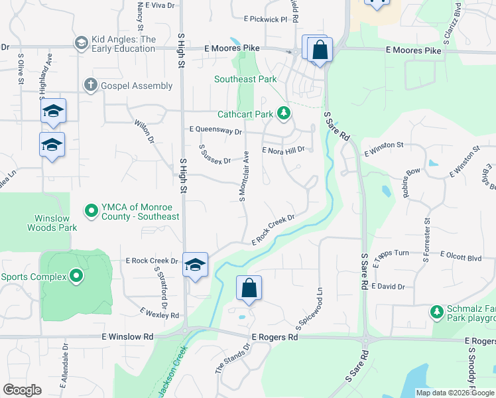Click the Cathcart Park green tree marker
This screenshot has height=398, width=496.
pos(284,114)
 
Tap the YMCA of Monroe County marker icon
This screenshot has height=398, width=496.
pos(92,211)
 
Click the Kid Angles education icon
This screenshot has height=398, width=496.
pos(82,43)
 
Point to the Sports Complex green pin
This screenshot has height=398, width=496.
pos(76,276)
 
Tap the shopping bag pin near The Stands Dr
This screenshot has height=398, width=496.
pos(249,289)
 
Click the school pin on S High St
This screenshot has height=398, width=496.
pos(195,265)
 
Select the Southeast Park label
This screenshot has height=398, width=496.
pos(245,79)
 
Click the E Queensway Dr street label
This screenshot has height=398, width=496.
pos(216,131)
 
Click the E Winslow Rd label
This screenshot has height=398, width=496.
pos(127,337)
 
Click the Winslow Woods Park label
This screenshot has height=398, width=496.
pos(52,223)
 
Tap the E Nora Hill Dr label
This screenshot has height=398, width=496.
pos(283,151)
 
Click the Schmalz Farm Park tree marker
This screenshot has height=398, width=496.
pos(436,311)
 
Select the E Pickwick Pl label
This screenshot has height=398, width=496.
pos(265,19)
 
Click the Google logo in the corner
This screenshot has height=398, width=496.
pos(22,389)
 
